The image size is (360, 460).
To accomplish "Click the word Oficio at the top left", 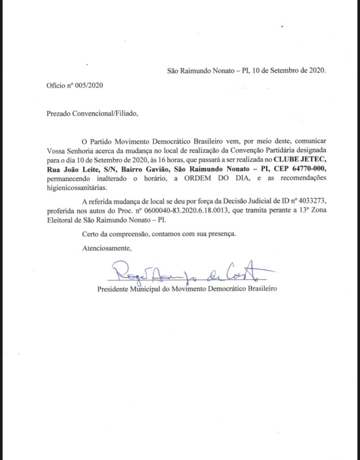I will pos(56,86).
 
